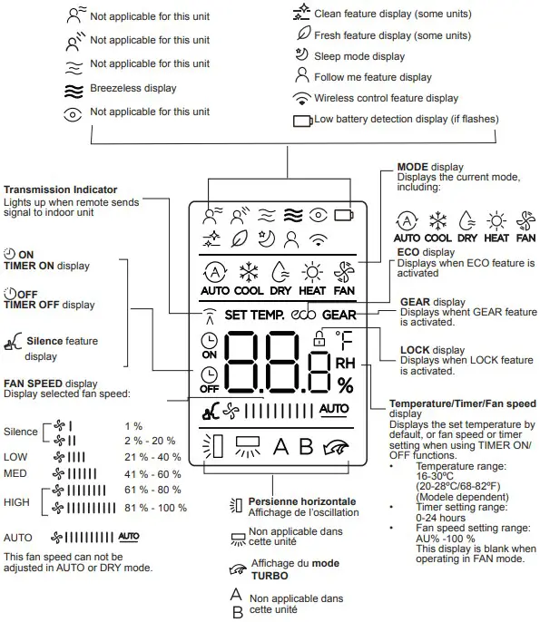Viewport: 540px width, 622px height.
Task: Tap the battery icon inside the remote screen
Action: (343, 216)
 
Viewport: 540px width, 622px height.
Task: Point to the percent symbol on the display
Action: (345, 384)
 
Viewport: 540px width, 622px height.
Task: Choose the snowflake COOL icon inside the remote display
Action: (247, 272)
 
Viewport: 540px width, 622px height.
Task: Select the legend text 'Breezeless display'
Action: (133, 88)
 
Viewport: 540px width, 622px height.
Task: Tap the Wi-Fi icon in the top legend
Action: (301, 98)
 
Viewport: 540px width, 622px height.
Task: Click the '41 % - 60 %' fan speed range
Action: (152, 473)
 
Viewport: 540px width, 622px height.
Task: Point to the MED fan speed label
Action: (15, 474)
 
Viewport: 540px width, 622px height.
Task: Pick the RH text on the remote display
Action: (346, 362)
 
